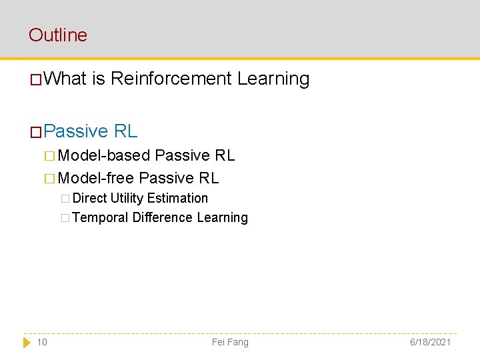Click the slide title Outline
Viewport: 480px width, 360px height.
[58, 35]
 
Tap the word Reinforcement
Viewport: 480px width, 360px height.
[171, 79]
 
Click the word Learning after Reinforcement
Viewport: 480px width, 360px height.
[273, 79]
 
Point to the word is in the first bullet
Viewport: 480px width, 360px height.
[99, 79]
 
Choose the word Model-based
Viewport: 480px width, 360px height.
[104, 155]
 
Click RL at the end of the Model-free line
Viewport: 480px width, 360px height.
[208, 178]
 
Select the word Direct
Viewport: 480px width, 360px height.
[90, 198]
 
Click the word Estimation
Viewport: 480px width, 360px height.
[177, 198]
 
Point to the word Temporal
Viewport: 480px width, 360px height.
[100, 217]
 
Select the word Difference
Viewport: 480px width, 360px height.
[162, 217]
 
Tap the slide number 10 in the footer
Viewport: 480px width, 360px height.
[42, 342]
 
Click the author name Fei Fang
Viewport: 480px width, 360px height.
[230, 342]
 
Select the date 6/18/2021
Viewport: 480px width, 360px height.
[429, 342]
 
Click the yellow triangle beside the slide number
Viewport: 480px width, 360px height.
[27, 342]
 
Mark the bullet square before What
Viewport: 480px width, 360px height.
[36, 80]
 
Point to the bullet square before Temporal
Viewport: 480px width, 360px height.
[65, 218]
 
